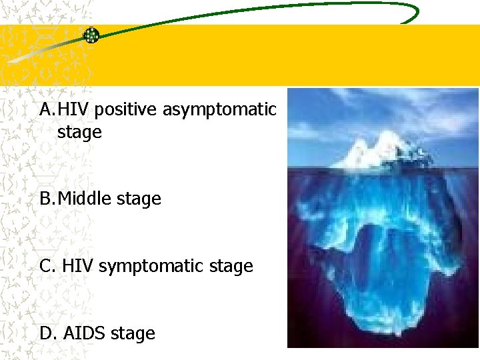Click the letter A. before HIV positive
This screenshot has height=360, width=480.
tap(47, 109)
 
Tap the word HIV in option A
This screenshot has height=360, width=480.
tap(75, 109)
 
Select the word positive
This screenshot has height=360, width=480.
tap(127, 109)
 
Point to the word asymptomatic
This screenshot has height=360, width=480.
tap(219, 109)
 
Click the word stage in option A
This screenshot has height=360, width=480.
tap(79, 132)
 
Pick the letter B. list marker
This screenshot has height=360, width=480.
tap(47, 199)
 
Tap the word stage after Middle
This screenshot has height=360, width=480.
tap(139, 199)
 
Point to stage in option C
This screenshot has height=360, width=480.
tap(231, 267)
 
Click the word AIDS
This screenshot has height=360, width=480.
tap(85, 333)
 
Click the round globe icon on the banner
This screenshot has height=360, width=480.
tap(91, 35)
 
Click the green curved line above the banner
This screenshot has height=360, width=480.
tap(267, 10)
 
